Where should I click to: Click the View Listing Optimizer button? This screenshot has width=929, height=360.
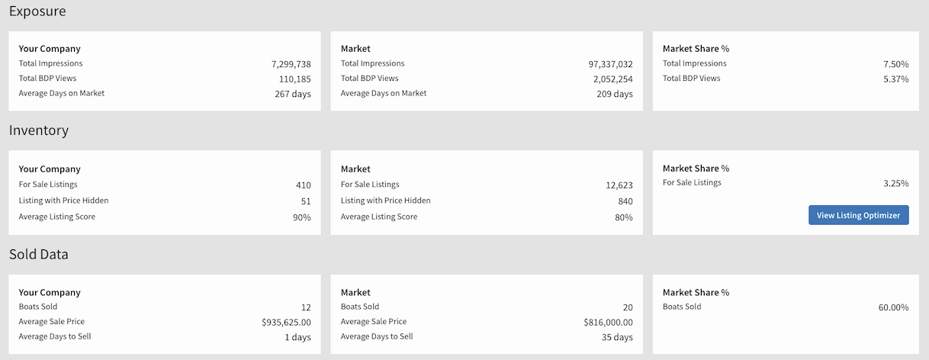click(x=858, y=215)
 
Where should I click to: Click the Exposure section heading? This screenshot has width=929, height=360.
click(x=37, y=11)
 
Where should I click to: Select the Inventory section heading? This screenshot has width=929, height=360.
click(x=39, y=130)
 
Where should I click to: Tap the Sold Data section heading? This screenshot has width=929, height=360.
click(x=39, y=255)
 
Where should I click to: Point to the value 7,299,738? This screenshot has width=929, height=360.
click(x=291, y=64)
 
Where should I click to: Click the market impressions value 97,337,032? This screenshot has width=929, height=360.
click(x=610, y=64)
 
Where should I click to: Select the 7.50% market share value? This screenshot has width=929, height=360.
click(x=895, y=64)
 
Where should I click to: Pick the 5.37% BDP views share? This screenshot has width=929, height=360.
click(x=895, y=79)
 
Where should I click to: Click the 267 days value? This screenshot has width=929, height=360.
click(x=293, y=94)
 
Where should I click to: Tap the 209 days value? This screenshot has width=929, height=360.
click(x=615, y=94)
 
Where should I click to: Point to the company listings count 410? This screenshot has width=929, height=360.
click(x=303, y=185)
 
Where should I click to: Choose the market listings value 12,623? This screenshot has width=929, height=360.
click(x=619, y=185)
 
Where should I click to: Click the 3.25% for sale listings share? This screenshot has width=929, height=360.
click(x=895, y=183)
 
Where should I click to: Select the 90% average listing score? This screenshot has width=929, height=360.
click(x=301, y=217)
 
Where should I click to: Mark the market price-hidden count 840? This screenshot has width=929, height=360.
click(x=625, y=201)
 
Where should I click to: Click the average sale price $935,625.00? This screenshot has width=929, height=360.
click(x=286, y=323)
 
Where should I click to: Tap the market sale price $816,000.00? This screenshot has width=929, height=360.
click(x=608, y=323)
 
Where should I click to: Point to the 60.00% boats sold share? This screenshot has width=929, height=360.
click(x=893, y=307)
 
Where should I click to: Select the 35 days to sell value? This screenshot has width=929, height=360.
click(x=617, y=337)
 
